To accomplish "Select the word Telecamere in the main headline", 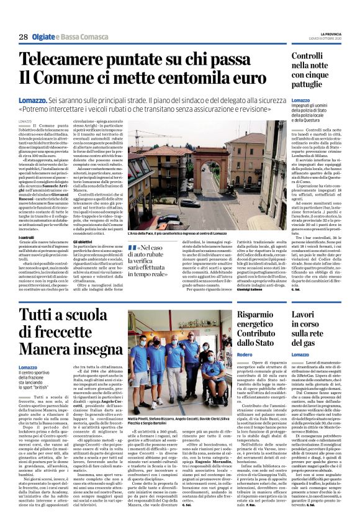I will click(x=70, y=60).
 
